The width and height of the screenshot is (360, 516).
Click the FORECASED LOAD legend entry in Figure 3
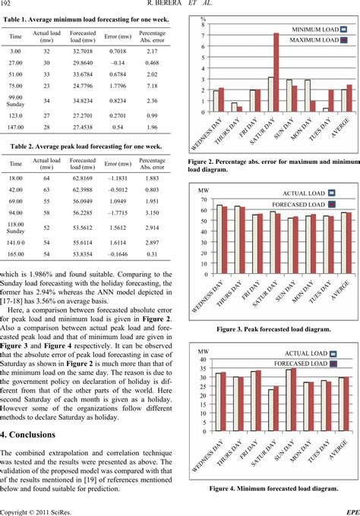pyautogui.click(x=304, y=205)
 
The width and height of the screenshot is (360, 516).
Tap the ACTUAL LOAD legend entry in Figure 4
pyautogui.click(x=304, y=375)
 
